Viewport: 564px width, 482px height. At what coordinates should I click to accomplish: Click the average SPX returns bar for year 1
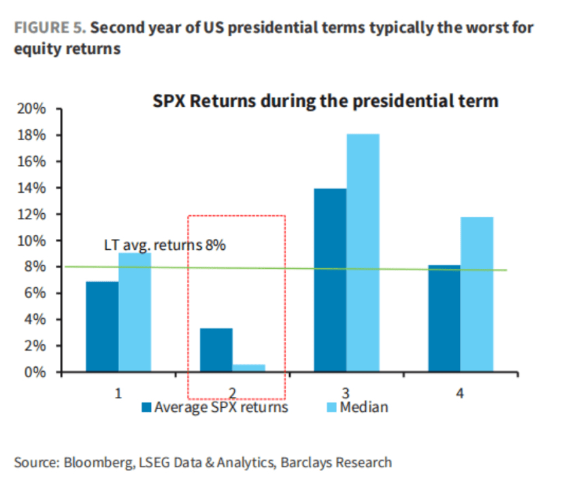tap(102, 327)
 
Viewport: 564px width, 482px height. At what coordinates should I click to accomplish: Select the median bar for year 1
tap(135, 312)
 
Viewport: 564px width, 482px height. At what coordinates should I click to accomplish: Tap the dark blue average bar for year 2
tap(216, 350)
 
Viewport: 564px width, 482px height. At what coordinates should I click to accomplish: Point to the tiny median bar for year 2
tap(248, 368)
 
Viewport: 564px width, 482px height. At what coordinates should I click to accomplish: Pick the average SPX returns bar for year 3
tap(330, 280)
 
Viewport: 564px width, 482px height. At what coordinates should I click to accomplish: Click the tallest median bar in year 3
tap(363, 253)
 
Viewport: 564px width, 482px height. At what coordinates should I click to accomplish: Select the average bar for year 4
tap(444, 319)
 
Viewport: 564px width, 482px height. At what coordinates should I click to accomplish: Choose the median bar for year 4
tap(476, 295)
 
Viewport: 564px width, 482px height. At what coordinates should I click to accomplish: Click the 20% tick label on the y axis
tap(32, 109)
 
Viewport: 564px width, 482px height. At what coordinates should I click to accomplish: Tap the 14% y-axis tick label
tap(32, 188)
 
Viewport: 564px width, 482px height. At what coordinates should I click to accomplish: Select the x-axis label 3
tap(346, 393)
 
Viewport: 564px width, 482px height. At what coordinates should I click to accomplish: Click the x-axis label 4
tap(460, 393)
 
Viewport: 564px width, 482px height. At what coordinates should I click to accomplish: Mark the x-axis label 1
tap(118, 393)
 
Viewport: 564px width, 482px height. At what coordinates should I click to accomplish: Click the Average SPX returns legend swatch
tap(146, 408)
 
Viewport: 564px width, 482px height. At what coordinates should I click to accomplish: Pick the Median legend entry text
tap(364, 408)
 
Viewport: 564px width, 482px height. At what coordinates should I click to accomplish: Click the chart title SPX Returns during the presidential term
tap(325, 101)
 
